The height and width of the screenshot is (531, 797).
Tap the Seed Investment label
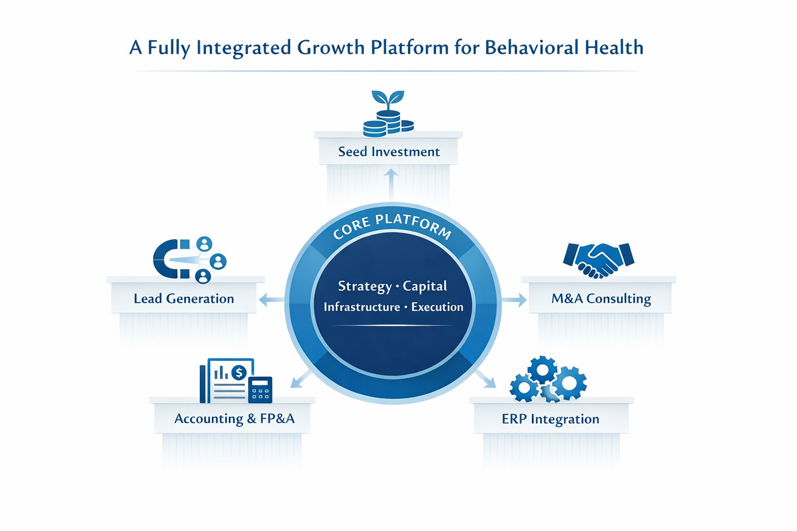point(389,151)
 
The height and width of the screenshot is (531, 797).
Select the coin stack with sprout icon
point(388,115)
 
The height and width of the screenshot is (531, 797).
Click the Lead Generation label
point(184,299)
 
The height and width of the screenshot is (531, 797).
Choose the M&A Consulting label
point(601,299)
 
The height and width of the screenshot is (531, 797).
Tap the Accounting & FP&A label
point(234,418)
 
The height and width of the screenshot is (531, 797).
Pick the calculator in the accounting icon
point(260,389)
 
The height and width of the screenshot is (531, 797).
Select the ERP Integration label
point(550,419)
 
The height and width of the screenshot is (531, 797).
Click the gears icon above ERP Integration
point(548,380)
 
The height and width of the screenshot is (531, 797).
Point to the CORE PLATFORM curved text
point(392,226)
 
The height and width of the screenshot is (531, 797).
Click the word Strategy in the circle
point(365,286)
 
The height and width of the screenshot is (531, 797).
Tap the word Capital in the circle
point(425,286)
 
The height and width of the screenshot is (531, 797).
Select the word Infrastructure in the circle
point(362,307)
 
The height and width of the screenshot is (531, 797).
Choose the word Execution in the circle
point(437,307)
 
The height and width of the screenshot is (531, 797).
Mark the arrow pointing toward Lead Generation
point(271,300)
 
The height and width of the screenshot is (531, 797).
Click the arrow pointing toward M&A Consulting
point(515,300)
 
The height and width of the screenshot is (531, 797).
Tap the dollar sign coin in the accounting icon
point(239,372)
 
